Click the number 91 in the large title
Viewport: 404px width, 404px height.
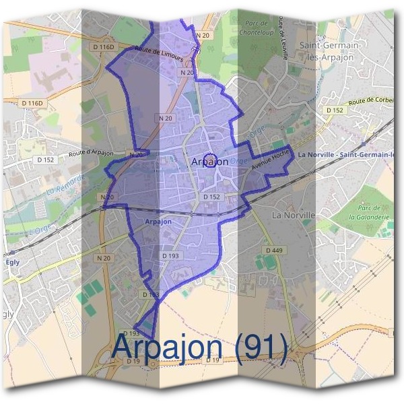coord(265,347)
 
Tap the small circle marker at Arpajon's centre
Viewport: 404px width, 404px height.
coord(209,160)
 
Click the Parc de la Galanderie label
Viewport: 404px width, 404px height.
coord(371,217)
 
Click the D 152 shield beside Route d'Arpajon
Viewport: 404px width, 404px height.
coord(46,160)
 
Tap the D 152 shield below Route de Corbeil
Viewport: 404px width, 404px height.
coord(335,110)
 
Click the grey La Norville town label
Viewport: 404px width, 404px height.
coord(293,215)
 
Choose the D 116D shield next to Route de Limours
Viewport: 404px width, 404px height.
coord(104,47)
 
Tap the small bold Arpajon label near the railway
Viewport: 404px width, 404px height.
coord(158,221)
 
